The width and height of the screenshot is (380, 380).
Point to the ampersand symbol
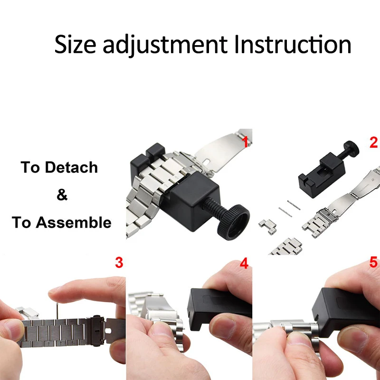tap(62, 195)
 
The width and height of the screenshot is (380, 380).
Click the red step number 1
tap(246, 141)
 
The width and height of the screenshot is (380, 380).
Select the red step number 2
tap(373, 142)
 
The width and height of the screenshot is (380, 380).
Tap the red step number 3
tap(119, 262)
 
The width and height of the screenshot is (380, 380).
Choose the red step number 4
tap(244, 263)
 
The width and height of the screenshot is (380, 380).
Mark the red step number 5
tap(373, 263)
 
